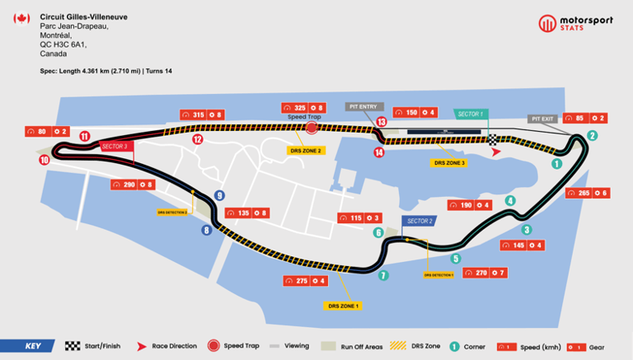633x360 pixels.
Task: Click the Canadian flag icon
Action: point(22,19)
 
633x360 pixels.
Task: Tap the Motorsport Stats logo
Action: point(576,24)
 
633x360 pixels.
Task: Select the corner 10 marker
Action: point(44,161)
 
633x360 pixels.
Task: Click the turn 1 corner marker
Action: point(556,164)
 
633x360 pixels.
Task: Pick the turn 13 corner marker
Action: point(382,122)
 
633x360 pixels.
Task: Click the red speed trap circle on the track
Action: point(312,128)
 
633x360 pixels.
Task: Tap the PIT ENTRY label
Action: point(363,106)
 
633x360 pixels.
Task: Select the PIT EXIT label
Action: point(542,119)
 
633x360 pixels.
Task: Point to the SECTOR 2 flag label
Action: point(419,221)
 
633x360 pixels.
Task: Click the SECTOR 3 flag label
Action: point(114,146)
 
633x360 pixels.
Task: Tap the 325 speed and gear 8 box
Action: point(304,108)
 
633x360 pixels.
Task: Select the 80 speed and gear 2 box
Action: point(46,131)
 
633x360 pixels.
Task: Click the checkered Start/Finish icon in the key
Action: point(72,346)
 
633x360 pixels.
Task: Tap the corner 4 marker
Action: point(510,200)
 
